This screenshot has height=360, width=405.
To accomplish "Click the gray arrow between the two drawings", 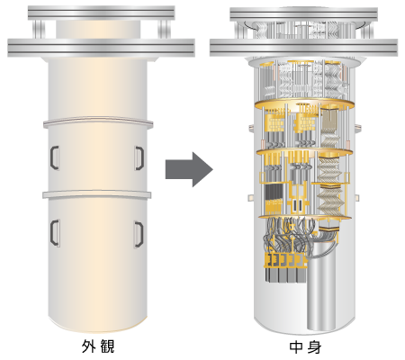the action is pos(189,169).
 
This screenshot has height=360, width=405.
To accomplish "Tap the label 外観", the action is pos(98,346).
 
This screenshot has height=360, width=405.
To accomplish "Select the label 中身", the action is pos(305,347).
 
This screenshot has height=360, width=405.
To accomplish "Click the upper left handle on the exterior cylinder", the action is pos(54,157).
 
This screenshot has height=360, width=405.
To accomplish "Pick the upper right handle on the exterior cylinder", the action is pos(139,158).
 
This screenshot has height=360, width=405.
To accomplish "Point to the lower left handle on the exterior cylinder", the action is pos(54,233).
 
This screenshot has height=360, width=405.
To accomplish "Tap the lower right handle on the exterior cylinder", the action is pos(139,235).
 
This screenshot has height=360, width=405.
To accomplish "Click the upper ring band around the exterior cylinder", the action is pos(98,122).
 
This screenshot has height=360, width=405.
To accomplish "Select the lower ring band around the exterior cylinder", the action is pos(96,193).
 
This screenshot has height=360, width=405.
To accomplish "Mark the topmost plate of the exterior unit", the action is pos(102,13).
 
